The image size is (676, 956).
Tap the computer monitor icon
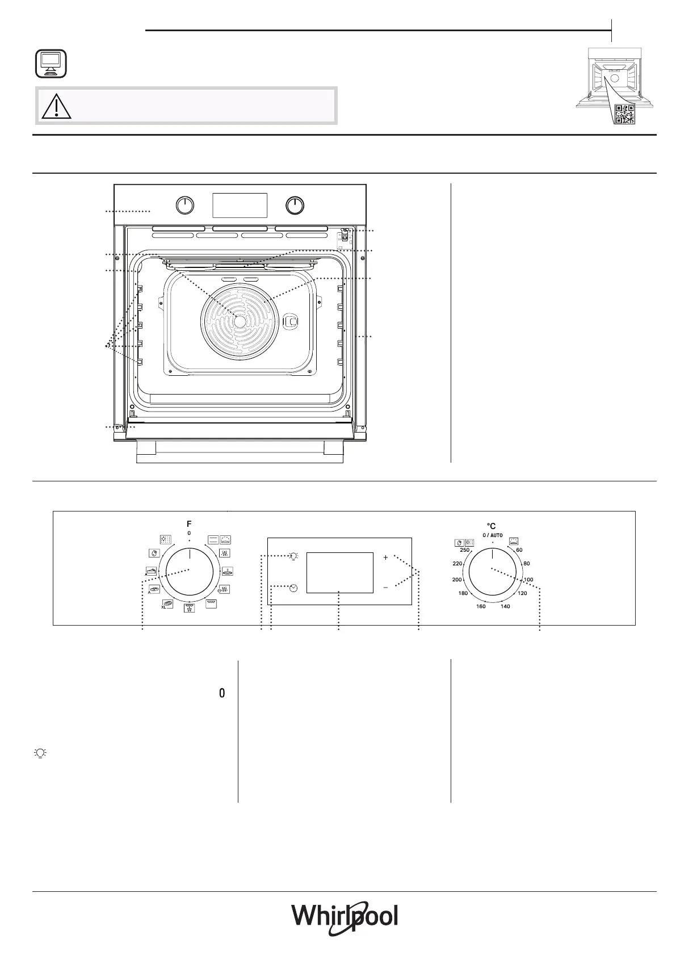[51, 64]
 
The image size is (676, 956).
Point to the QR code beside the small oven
[625, 114]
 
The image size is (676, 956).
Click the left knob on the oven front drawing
[185, 206]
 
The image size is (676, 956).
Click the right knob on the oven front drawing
[295, 206]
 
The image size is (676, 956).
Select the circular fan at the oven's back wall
[240, 321]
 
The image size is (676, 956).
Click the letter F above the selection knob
[189, 524]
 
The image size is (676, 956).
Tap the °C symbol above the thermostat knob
[491, 526]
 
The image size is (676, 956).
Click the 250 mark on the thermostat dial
[464, 550]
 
